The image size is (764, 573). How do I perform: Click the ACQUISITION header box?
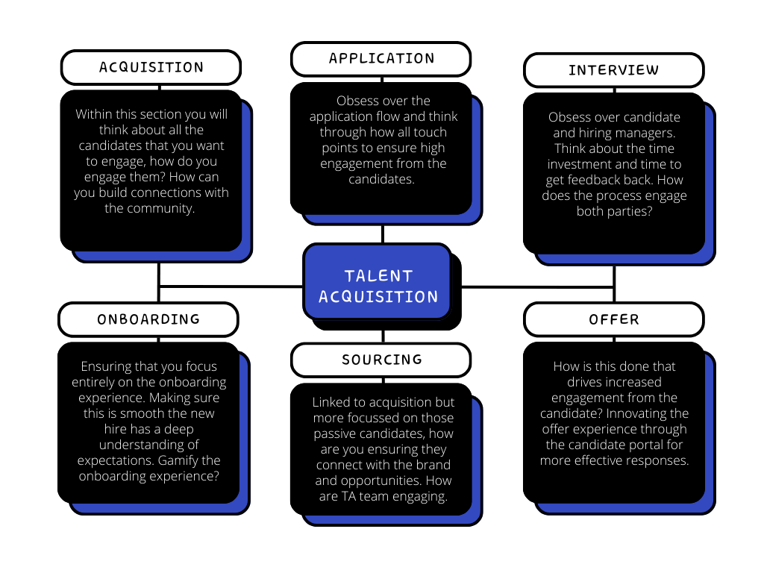tap(151, 67)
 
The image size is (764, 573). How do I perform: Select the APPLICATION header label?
tap(381, 59)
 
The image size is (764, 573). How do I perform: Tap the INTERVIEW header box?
tap(613, 70)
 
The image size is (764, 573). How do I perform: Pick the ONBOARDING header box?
tap(148, 319)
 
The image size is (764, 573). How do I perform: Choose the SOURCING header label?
tap(381, 360)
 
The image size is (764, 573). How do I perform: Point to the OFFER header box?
tap(613, 319)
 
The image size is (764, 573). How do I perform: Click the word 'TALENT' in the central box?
tap(378, 275)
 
